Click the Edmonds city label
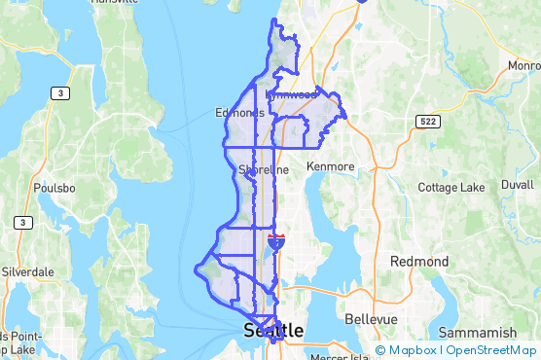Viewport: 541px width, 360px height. coord(238,113)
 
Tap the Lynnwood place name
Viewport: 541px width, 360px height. coord(292,95)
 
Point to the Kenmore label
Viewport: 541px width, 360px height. coord(331,166)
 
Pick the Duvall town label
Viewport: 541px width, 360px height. coord(518,184)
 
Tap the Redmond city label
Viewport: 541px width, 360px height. coord(419,262)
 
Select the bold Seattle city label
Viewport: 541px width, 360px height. coord(272,332)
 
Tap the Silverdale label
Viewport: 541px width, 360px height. coord(29,271)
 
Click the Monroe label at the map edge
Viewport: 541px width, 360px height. coord(523,65)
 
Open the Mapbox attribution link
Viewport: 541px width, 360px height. coord(408,350)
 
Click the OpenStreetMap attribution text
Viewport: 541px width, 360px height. coord(492,350)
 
